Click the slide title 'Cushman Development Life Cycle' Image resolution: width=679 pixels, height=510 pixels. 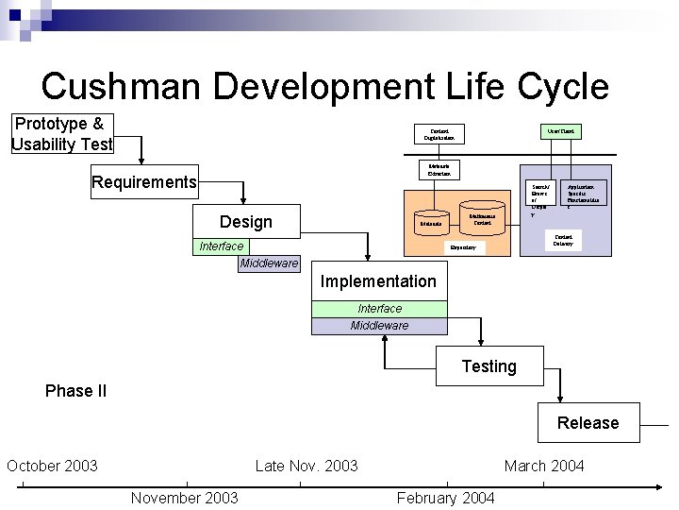324,86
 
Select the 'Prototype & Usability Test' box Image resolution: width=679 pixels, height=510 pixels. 62,134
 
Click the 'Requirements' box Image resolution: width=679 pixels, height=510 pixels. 144,182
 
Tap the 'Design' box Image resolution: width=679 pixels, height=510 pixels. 245,222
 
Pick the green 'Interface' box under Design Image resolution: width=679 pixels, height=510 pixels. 222,246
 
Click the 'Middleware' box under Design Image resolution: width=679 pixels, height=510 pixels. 269,263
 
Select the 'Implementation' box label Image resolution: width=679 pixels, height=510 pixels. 378,281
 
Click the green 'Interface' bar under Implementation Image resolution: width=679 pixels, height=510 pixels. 379,309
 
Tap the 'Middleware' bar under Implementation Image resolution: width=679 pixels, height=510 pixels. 379,326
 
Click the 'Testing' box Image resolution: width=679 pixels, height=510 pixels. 489,366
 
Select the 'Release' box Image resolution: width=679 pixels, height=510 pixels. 588,423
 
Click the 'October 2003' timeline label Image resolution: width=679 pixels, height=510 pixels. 52,466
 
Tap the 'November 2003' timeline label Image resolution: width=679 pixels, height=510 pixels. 184,498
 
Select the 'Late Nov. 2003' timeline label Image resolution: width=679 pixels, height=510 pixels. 306,466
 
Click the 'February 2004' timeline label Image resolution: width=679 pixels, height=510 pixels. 445,498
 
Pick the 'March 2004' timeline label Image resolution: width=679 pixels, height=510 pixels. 544,466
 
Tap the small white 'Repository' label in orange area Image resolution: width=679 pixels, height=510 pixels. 462,247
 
